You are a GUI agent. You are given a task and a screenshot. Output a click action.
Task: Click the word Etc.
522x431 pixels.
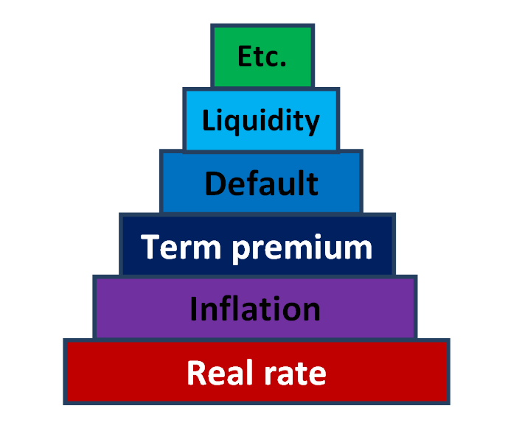click(x=262, y=57)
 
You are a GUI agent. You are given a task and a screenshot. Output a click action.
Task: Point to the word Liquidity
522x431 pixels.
click(x=262, y=121)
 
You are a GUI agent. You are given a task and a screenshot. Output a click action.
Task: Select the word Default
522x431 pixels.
click(x=261, y=183)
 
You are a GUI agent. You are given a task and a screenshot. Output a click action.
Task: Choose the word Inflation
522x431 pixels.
click(x=255, y=309)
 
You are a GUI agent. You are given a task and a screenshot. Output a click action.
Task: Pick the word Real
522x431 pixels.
click(x=214, y=373)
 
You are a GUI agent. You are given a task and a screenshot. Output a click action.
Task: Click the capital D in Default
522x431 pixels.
click(x=215, y=183)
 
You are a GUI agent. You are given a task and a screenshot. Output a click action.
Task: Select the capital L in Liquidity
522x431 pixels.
click(x=208, y=120)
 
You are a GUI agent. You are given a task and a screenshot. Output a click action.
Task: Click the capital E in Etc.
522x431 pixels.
click(x=244, y=57)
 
